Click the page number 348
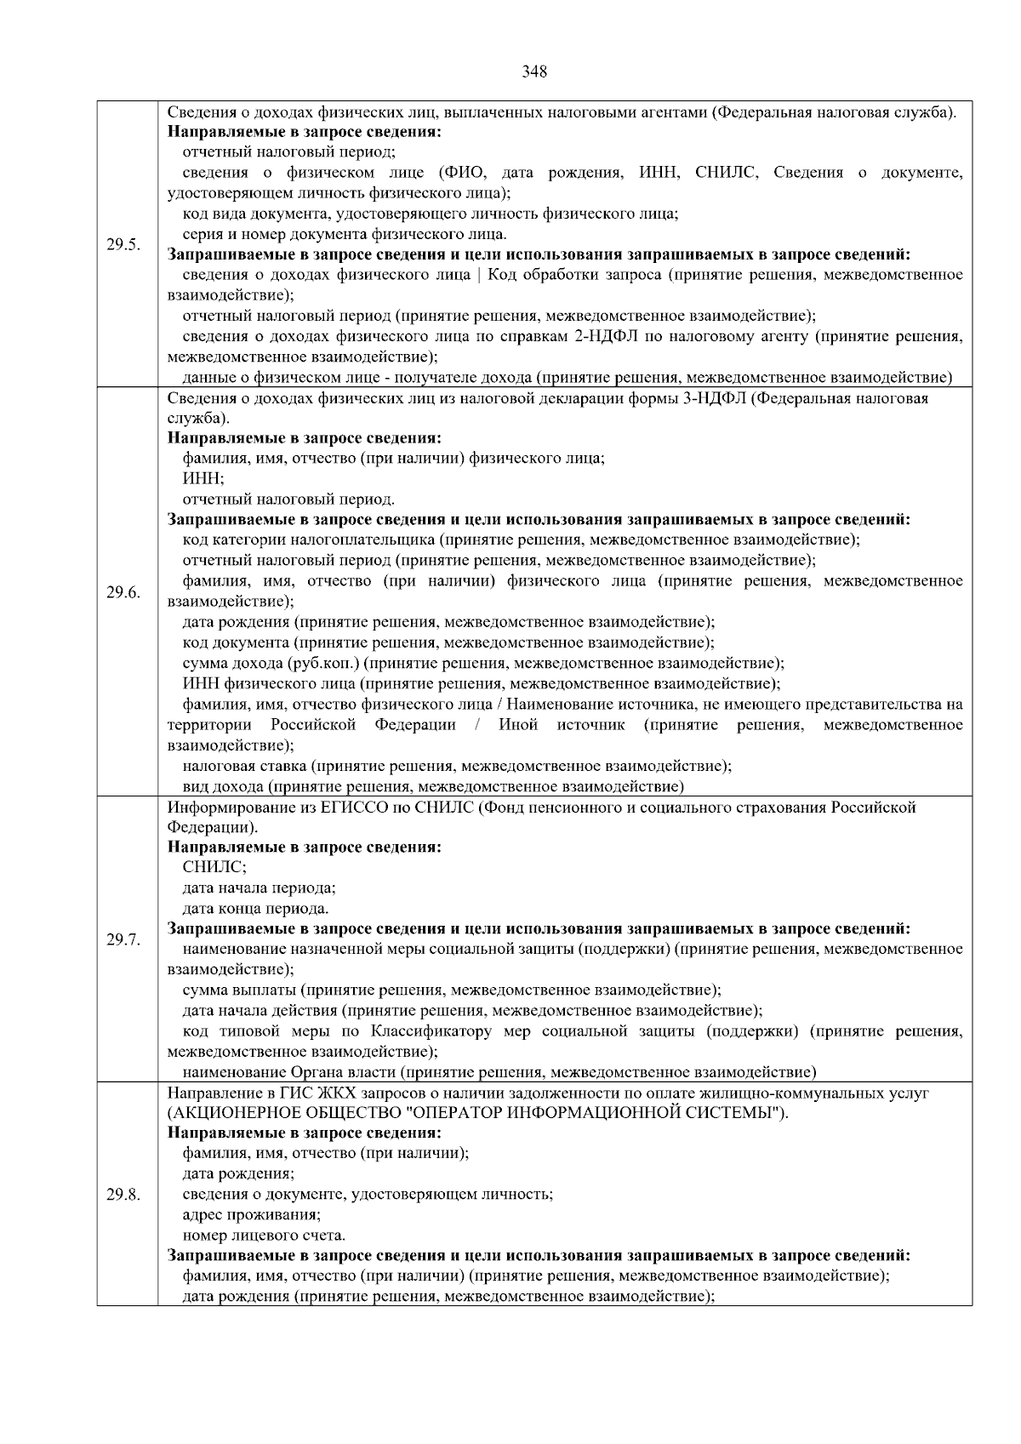[534, 72]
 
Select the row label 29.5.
[123, 245]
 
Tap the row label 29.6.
[123, 592]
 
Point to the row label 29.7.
[123, 939]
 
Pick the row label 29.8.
[123, 1194]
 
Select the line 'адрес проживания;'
[252, 1214]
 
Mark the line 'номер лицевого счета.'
[265, 1235]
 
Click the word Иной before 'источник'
[517, 725]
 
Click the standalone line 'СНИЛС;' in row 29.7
[215, 868]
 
